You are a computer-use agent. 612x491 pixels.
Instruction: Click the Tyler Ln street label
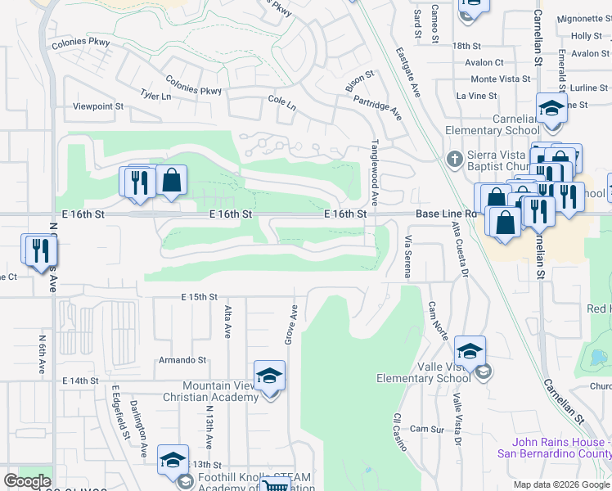tap(155, 96)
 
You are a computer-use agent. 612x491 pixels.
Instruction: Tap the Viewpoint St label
tap(97, 106)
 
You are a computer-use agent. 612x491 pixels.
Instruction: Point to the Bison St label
tap(359, 80)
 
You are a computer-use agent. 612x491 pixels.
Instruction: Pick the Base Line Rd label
tap(445, 214)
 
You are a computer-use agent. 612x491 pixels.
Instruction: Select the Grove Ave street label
tap(292, 324)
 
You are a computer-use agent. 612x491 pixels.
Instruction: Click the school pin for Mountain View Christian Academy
tap(269, 376)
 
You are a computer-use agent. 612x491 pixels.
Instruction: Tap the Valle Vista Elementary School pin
tap(470, 352)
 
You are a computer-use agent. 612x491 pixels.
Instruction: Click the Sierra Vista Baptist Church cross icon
tap(454, 157)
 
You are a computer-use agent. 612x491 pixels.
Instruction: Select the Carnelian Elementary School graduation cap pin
tap(551, 110)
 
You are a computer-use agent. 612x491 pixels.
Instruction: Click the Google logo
tap(27, 481)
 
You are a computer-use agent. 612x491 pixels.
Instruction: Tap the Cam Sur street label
tap(425, 429)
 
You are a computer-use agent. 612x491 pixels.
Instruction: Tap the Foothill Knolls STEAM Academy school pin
tap(173, 462)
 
